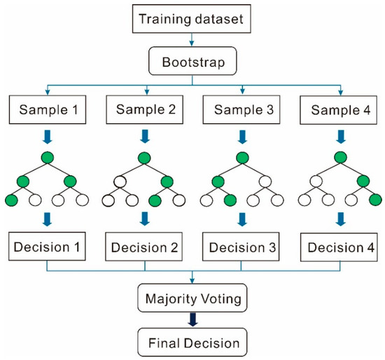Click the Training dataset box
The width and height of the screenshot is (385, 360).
(192, 19)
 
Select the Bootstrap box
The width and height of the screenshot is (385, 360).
(192, 61)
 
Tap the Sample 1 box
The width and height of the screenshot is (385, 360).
(48, 109)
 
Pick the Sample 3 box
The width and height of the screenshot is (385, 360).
(241, 109)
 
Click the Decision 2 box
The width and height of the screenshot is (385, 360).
(144, 247)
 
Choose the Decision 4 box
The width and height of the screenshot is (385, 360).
(339, 247)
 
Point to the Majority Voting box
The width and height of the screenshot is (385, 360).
(192, 298)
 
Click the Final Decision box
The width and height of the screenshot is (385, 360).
(192, 342)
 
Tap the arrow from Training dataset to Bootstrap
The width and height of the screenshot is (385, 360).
(192, 39)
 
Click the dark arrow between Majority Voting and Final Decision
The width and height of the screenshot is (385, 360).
(192, 319)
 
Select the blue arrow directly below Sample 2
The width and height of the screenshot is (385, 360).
(145, 137)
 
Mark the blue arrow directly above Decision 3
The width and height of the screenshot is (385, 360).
(242, 219)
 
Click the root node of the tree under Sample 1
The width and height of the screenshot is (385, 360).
(48, 158)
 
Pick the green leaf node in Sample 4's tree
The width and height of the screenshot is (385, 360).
(376, 200)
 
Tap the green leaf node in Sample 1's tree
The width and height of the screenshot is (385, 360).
(11, 200)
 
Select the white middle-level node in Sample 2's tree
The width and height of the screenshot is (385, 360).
(120, 182)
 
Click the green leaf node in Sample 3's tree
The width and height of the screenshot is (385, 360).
(230, 200)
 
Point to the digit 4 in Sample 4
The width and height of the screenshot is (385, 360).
(367, 110)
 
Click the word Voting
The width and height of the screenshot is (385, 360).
(221, 299)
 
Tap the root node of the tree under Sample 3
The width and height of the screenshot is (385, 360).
(242, 158)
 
